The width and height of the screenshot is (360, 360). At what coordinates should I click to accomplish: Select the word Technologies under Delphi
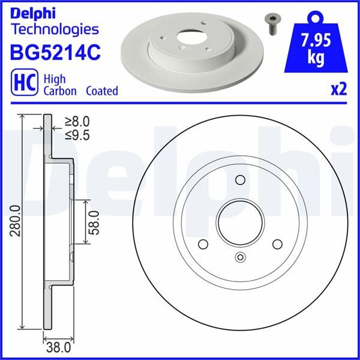tap(54, 29)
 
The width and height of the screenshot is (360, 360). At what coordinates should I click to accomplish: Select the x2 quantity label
tap(338, 89)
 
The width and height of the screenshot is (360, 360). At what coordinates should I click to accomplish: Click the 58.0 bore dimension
tap(94, 222)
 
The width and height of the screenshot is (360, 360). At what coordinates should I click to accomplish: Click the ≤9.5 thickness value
tap(76, 136)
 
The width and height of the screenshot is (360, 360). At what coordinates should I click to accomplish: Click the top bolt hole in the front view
tap(240, 180)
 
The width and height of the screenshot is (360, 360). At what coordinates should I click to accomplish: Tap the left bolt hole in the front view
tap(203, 244)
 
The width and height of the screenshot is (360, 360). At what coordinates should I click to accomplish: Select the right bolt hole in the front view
tap(277, 244)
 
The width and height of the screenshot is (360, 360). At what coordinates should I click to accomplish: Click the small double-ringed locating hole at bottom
tap(240, 258)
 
